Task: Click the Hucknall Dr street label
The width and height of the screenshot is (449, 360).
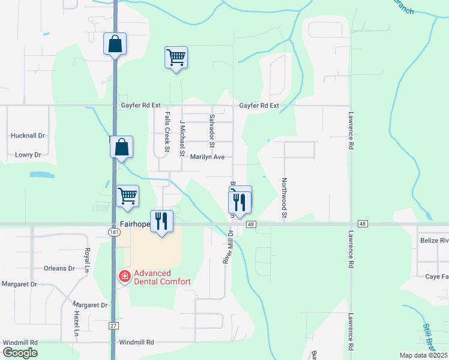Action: coord(28,136)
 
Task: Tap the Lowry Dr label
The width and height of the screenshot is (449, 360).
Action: coord(28,155)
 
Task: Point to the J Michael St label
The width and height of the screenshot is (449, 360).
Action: coord(182,137)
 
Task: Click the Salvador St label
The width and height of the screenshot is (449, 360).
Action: coord(212,130)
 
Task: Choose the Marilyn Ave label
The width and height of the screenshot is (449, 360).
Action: coord(207,157)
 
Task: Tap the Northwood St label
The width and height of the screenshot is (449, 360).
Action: coord(285,198)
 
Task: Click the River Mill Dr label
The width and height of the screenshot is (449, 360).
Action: coord(228,245)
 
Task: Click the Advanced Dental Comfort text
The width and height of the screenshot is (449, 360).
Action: coord(162,277)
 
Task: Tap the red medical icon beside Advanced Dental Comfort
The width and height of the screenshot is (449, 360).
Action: coord(125,277)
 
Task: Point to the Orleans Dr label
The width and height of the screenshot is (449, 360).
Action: coord(59,268)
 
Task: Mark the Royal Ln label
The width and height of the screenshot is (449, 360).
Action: coord(88,258)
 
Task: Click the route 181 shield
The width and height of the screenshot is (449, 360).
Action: coord(115,232)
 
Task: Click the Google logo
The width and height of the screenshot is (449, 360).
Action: coord(20,353)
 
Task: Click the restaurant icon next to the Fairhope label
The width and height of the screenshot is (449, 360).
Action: coord(161,221)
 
